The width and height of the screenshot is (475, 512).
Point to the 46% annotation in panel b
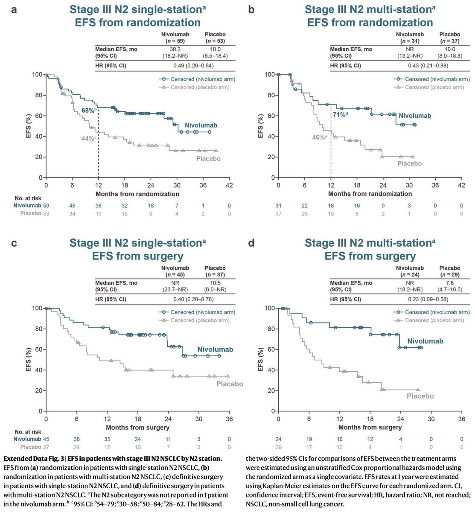coord(320,137)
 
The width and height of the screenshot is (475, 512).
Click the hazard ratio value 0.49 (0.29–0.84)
coord(194,66)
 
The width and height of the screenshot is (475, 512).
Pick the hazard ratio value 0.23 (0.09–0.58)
coord(428,299)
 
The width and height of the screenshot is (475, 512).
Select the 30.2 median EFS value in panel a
coord(175,49)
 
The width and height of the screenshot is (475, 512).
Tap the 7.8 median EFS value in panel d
coord(449,283)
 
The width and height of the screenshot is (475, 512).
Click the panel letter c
coord(15,243)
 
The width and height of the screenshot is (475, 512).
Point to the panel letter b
coord(251,9)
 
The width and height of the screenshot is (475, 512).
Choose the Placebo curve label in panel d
coord(420,396)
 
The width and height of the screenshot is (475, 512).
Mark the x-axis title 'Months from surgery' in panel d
coord(370,427)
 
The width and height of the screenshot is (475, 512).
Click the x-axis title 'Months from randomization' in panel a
coord(137,194)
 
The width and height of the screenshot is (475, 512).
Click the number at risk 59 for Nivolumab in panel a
coord(46,206)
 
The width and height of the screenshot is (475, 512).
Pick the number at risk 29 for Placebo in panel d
coord(279,447)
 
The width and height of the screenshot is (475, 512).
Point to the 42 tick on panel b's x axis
coord(461,185)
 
